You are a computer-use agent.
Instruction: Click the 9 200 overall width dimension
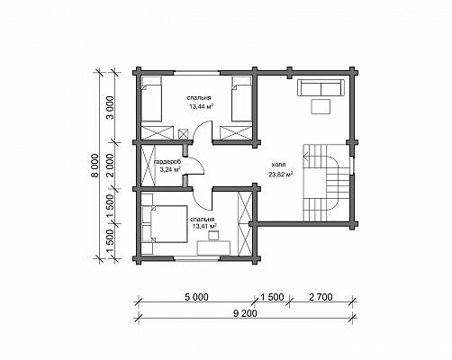click(x=245, y=313)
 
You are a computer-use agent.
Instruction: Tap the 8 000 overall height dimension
click(x=95, y=166)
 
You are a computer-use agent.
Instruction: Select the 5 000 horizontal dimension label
click(x=196, y=297)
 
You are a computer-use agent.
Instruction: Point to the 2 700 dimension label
click(x=321, y=297)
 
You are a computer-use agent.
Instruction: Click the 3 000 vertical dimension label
click(x=111, y=108)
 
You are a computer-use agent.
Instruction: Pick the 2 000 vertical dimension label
click(x=110, y=166)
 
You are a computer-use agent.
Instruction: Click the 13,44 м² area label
click(x=201, y=106)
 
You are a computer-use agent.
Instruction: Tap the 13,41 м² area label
click(x=204, y=226)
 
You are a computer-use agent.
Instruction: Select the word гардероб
click(x=167, y=162)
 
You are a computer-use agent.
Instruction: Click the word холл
click(x=278, y=165)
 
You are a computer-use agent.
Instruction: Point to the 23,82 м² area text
click(x=281, y=174)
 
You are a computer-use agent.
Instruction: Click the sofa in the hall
click(x=321, y=87)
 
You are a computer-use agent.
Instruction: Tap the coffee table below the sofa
click(x=321, y=106)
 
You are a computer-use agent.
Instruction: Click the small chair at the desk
click(x=213, y=235)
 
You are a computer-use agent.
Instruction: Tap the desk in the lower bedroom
click(x=213, y=247)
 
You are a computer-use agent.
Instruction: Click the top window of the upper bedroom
click(x=196, y=72)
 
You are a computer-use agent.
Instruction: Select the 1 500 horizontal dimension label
click(x=272, y=297)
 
